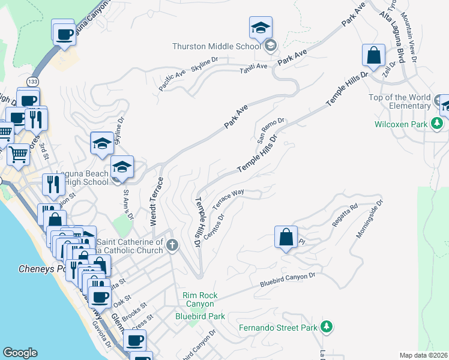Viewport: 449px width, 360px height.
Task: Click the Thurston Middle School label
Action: [x=217, y=46]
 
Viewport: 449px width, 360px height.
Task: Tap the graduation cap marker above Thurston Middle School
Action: [x=260, y=28]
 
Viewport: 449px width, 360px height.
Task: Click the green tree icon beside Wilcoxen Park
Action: [x=438, y=124]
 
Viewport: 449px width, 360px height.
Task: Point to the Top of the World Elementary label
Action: [x=400, y=102]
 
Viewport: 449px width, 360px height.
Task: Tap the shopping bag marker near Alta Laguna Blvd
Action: [x=373, y=56]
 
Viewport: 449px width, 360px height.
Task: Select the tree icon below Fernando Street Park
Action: [x=326, y=327]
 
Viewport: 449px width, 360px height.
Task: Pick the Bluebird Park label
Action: [x=200, y=316]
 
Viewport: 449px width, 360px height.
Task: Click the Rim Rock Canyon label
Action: [x=200, y=300]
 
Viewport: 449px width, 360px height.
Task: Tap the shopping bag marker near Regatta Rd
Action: [x=286, y=237]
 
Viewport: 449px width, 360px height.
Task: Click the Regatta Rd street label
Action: [x=345, y=215]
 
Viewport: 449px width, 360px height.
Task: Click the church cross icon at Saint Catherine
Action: [x=172, y=244]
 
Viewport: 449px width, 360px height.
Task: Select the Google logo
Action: [x=20, y=353]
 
